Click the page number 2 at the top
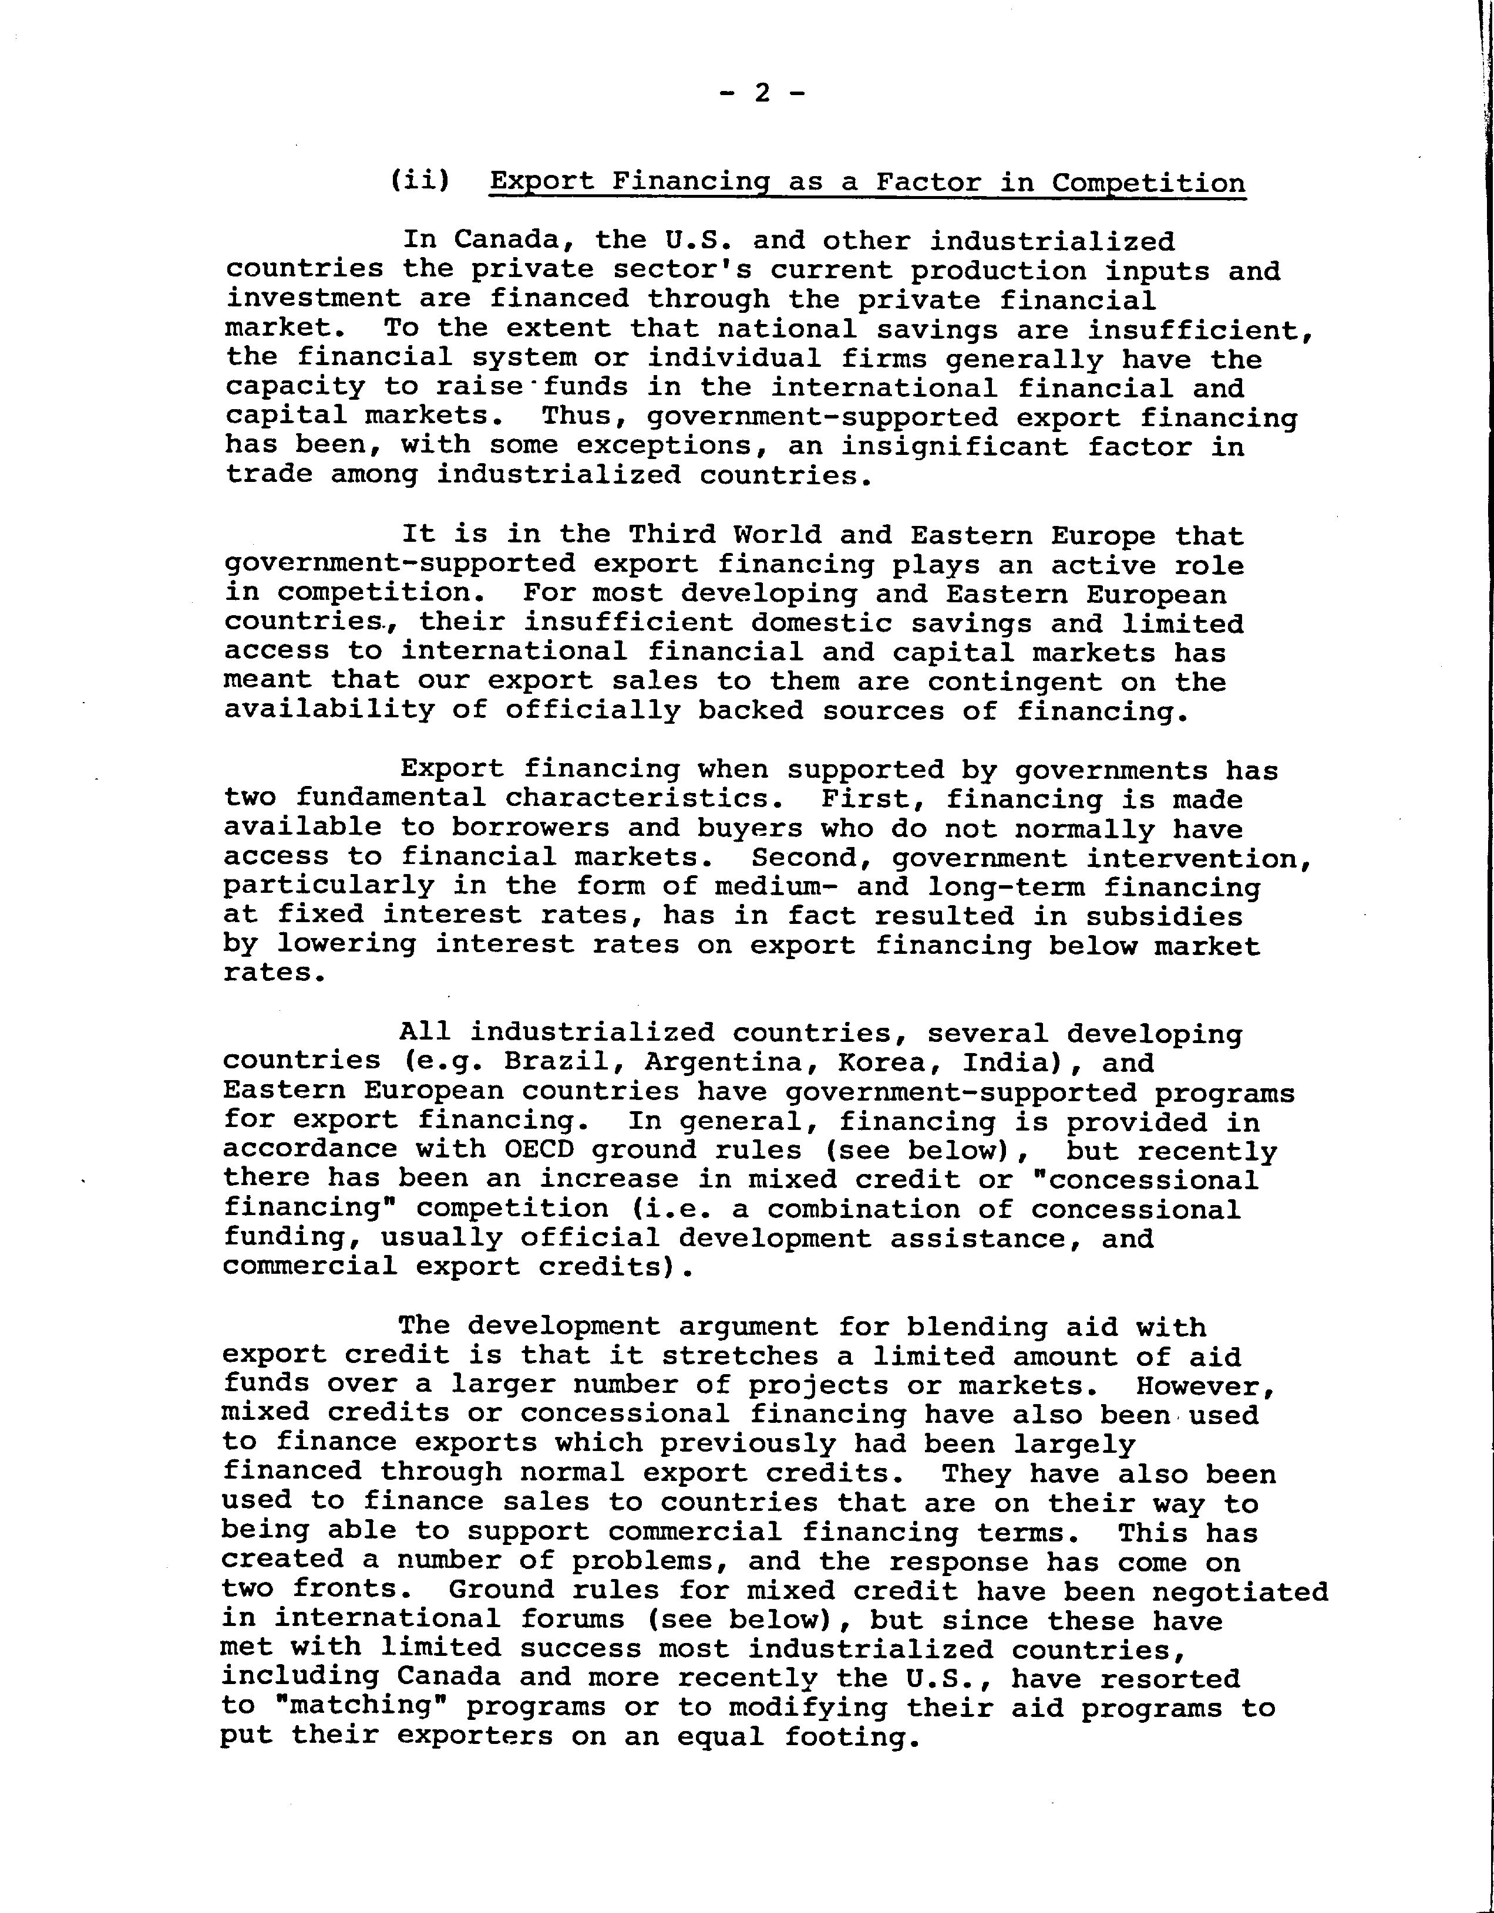(762, 92)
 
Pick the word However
(1205, 1386)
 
